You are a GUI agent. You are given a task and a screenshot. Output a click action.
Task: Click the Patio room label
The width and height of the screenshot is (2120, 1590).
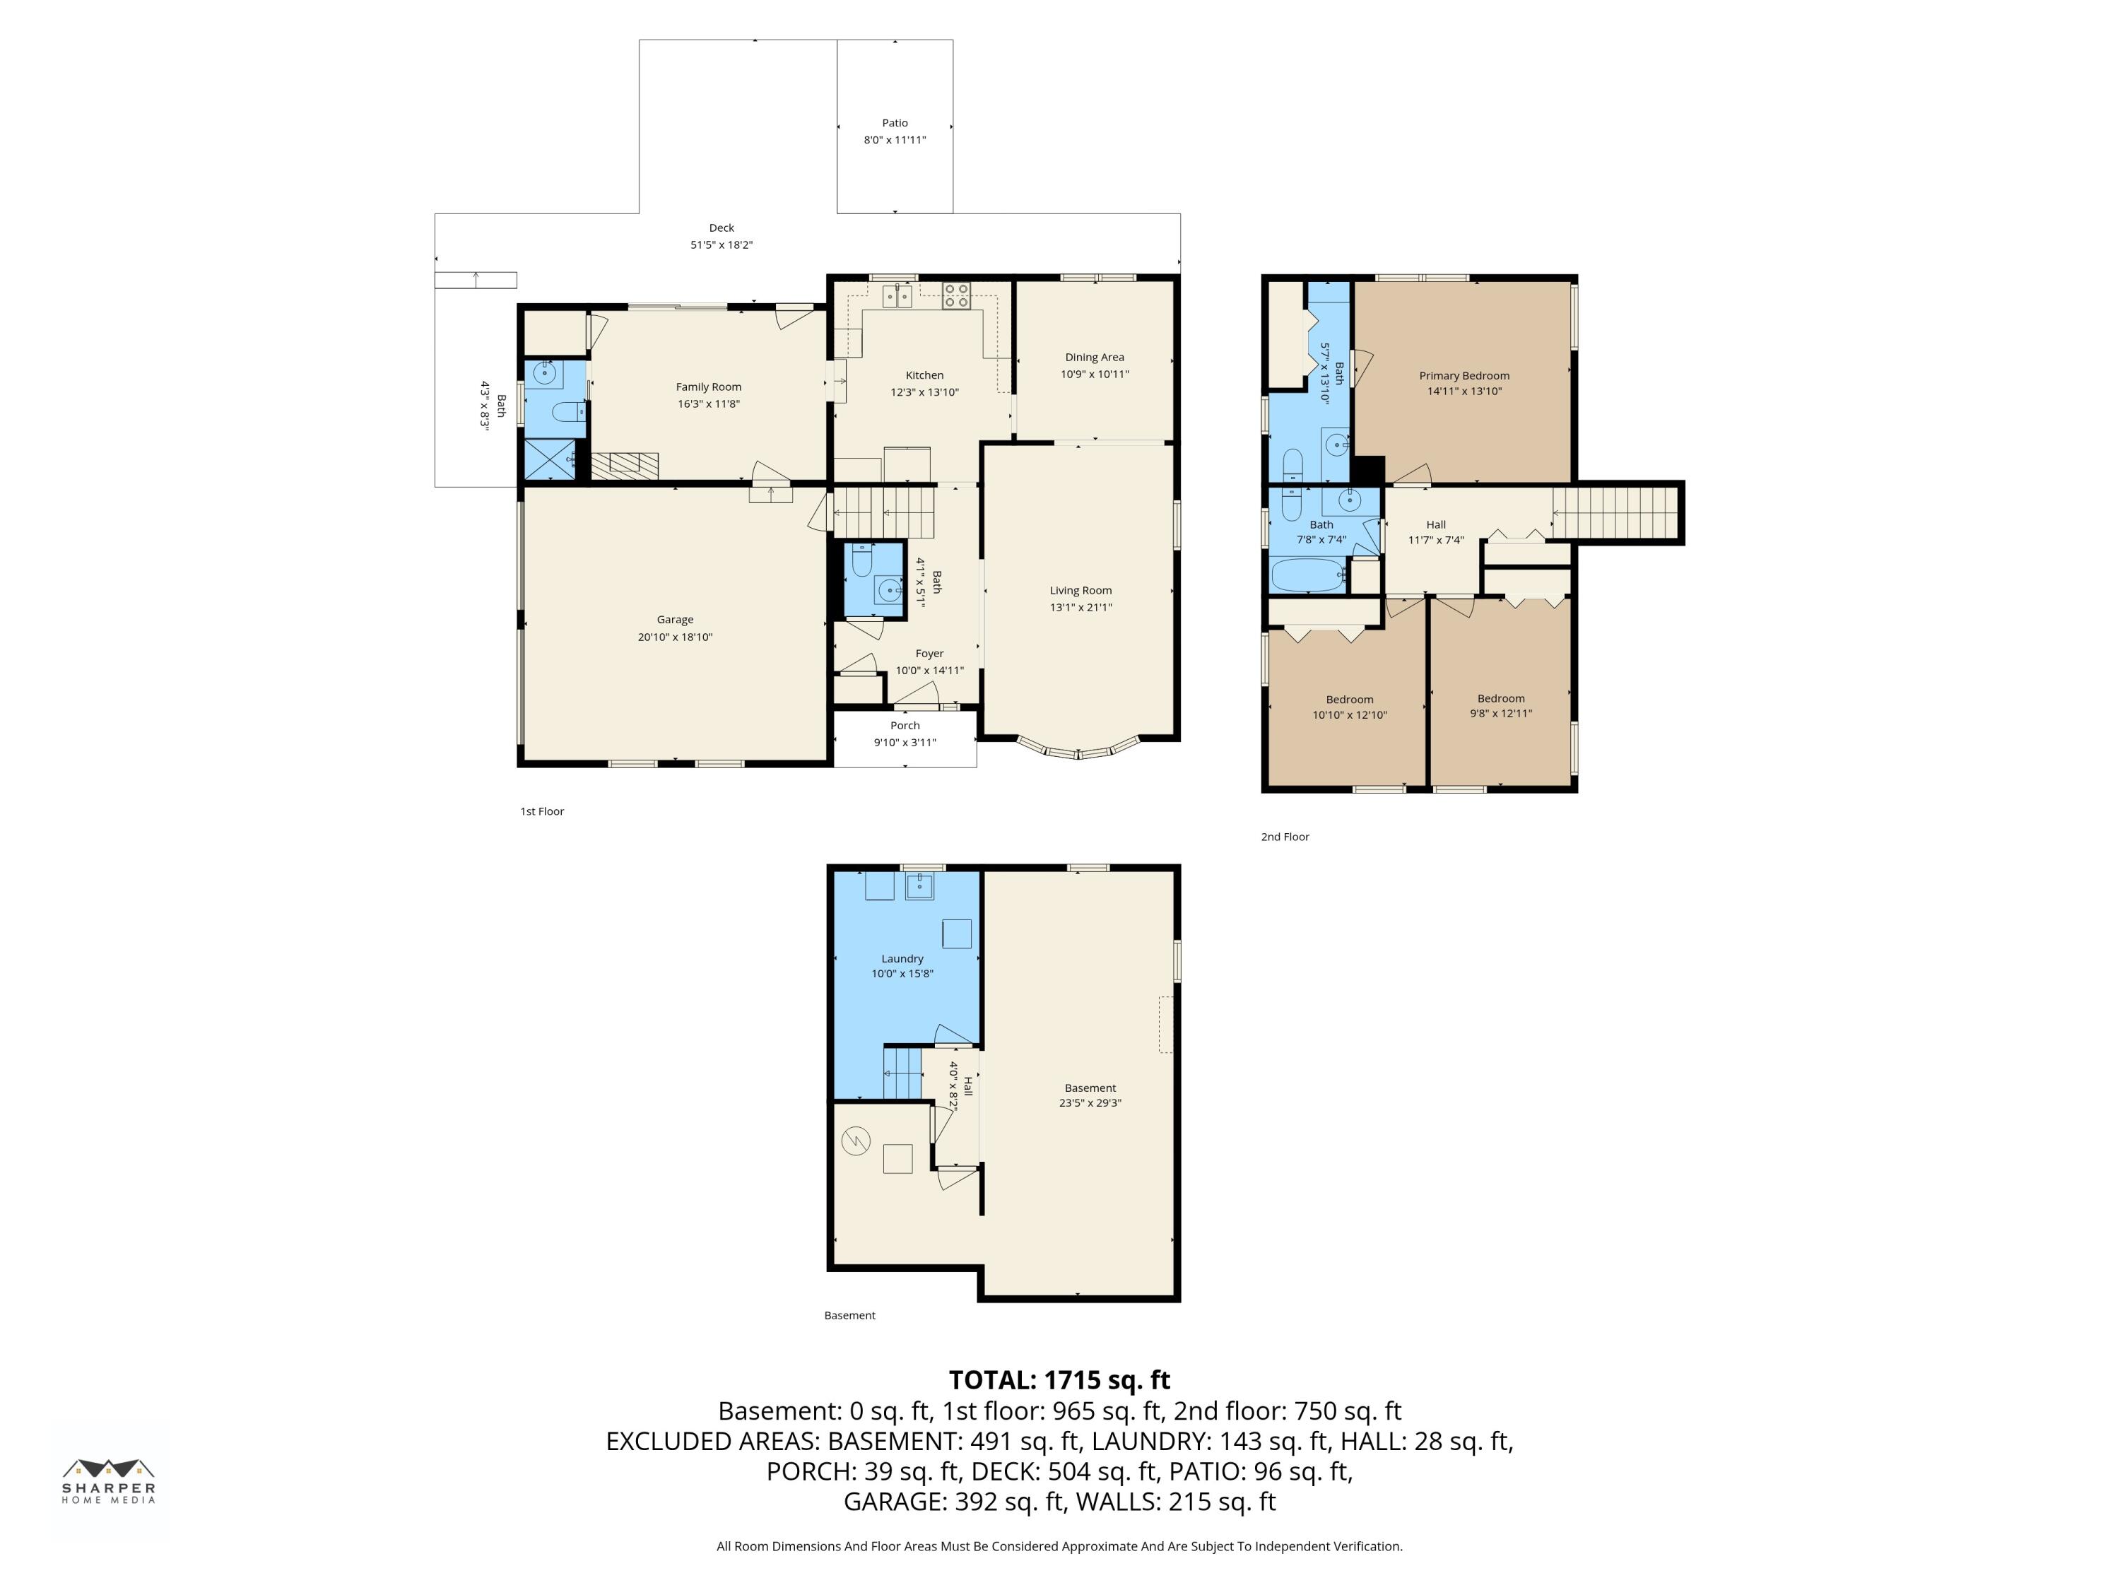pos(894,123)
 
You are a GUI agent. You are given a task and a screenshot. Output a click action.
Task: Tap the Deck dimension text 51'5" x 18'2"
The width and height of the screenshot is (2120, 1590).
pos(721,245)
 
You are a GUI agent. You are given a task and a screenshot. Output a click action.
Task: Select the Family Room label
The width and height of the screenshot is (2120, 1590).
pos(708,387)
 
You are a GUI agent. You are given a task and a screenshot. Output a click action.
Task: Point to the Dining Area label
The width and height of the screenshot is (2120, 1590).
pos(1093,358)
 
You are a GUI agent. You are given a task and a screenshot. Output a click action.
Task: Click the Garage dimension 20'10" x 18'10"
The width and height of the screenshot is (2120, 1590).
pos(675,637)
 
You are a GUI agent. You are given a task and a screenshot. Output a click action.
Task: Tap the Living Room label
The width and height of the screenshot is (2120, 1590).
pos(1080,590)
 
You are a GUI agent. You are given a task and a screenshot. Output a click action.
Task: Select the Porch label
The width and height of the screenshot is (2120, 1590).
pos(904,726)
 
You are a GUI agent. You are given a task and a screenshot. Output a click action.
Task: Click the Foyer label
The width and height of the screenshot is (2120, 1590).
pos(929,654)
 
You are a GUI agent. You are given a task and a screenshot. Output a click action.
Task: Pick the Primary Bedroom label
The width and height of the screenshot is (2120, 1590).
pos(1464,376)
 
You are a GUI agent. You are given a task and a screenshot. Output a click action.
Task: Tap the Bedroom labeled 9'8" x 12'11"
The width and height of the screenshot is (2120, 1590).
pos(1500,699)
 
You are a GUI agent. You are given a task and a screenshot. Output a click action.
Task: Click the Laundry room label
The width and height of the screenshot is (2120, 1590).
pos(902,958)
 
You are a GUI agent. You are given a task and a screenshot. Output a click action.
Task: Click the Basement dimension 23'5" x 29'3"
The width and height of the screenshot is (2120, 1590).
pos(1090,1103)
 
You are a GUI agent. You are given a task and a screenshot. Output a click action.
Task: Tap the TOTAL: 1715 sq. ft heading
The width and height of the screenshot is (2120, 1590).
pos(1059,1380)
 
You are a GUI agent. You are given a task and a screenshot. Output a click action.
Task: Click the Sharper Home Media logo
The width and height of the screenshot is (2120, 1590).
pos(108,1480)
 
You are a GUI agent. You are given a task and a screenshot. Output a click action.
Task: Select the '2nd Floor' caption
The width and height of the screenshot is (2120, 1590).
pos(1284,837)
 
